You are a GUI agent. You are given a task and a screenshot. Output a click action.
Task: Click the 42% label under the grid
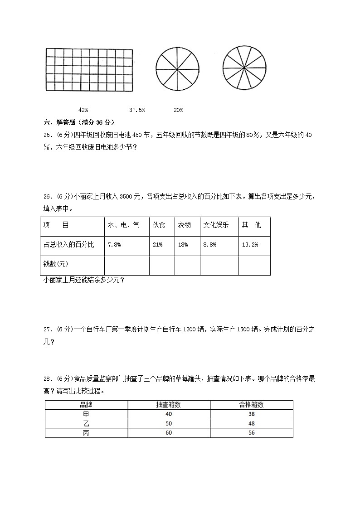tap(83, 110)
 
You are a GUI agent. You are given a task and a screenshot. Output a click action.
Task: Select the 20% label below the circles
tap(178, 110)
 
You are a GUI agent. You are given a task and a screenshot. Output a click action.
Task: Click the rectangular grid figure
tap(89, 70)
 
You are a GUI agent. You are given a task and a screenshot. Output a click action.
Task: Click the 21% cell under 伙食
tap(157, 245)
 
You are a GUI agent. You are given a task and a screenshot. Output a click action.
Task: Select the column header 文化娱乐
tap(216, 225)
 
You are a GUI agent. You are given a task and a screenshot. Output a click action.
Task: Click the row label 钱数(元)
tap(56, 264)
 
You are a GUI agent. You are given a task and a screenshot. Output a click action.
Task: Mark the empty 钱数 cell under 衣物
tap(187, 265)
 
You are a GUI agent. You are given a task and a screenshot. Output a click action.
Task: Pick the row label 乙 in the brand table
tap(86, 423)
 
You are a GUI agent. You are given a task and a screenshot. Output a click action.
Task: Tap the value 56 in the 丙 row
tap(251, 433)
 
